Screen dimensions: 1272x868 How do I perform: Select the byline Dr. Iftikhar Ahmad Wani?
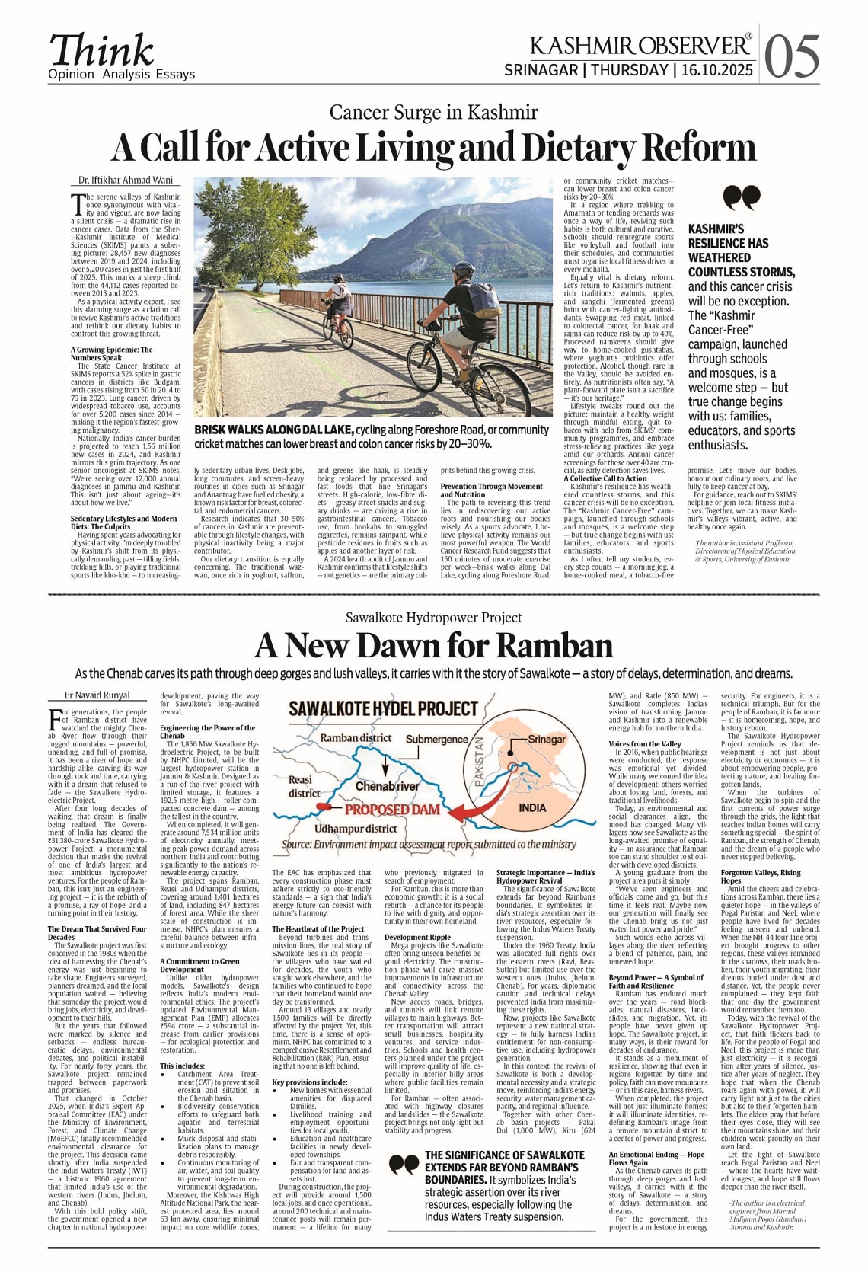(x=126, y=181)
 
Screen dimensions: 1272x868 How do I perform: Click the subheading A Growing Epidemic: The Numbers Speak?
(x=111, y=353)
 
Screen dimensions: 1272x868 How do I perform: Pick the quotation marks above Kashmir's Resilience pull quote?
(x=741, y=197)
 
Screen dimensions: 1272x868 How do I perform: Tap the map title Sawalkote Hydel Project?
(x=383, y=709)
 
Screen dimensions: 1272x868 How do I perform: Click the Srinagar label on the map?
(x=547, y=739)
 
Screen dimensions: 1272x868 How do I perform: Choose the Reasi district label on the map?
(x=302, y=786)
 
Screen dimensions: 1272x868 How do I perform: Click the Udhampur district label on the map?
(x=356, y=828)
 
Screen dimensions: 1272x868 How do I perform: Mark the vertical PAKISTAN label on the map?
(x=480, y=763)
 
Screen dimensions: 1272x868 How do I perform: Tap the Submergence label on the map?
(x=436, y=739)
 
